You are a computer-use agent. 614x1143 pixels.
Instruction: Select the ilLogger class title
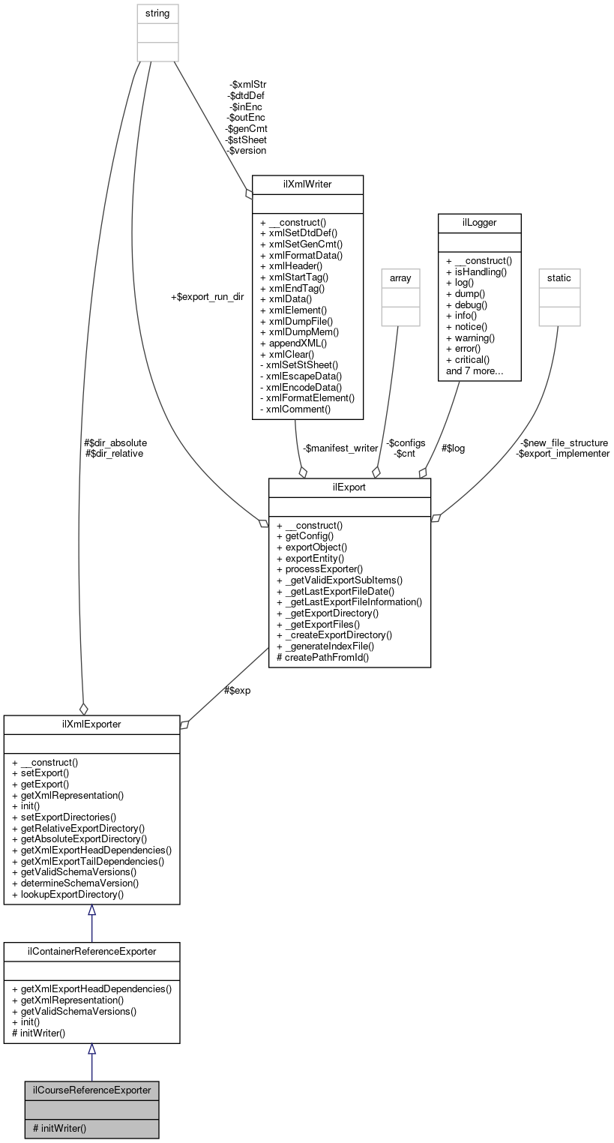(x=479, y=223)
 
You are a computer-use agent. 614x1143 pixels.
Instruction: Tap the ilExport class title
(x=349, y=487)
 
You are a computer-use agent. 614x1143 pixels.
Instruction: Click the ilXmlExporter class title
(x=91, y=724)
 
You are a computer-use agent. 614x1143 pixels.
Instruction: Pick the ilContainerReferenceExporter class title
(x=91, y=951)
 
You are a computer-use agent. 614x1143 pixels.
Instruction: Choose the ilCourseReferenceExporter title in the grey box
(x=91, y=1090)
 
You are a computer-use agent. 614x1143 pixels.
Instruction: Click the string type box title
(x=157, y=13)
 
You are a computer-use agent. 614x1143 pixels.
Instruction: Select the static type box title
(x=559, y=277)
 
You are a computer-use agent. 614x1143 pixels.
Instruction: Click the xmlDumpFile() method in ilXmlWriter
(x=298, y=320)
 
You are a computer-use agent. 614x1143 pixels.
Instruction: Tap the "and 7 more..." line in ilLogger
(x=475, y=370)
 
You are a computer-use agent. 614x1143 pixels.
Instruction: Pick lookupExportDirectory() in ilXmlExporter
(x=67, y=894)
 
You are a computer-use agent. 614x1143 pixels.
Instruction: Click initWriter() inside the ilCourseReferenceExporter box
(x=59, y=1127)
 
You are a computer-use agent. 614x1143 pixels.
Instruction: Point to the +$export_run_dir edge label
(x=208, y=297)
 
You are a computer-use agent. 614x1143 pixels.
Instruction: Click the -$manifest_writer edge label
(x=340, y=448)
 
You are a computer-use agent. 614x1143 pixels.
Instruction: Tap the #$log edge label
(x=453, y=448)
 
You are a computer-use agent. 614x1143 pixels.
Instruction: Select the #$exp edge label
(x=237, y=690)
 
